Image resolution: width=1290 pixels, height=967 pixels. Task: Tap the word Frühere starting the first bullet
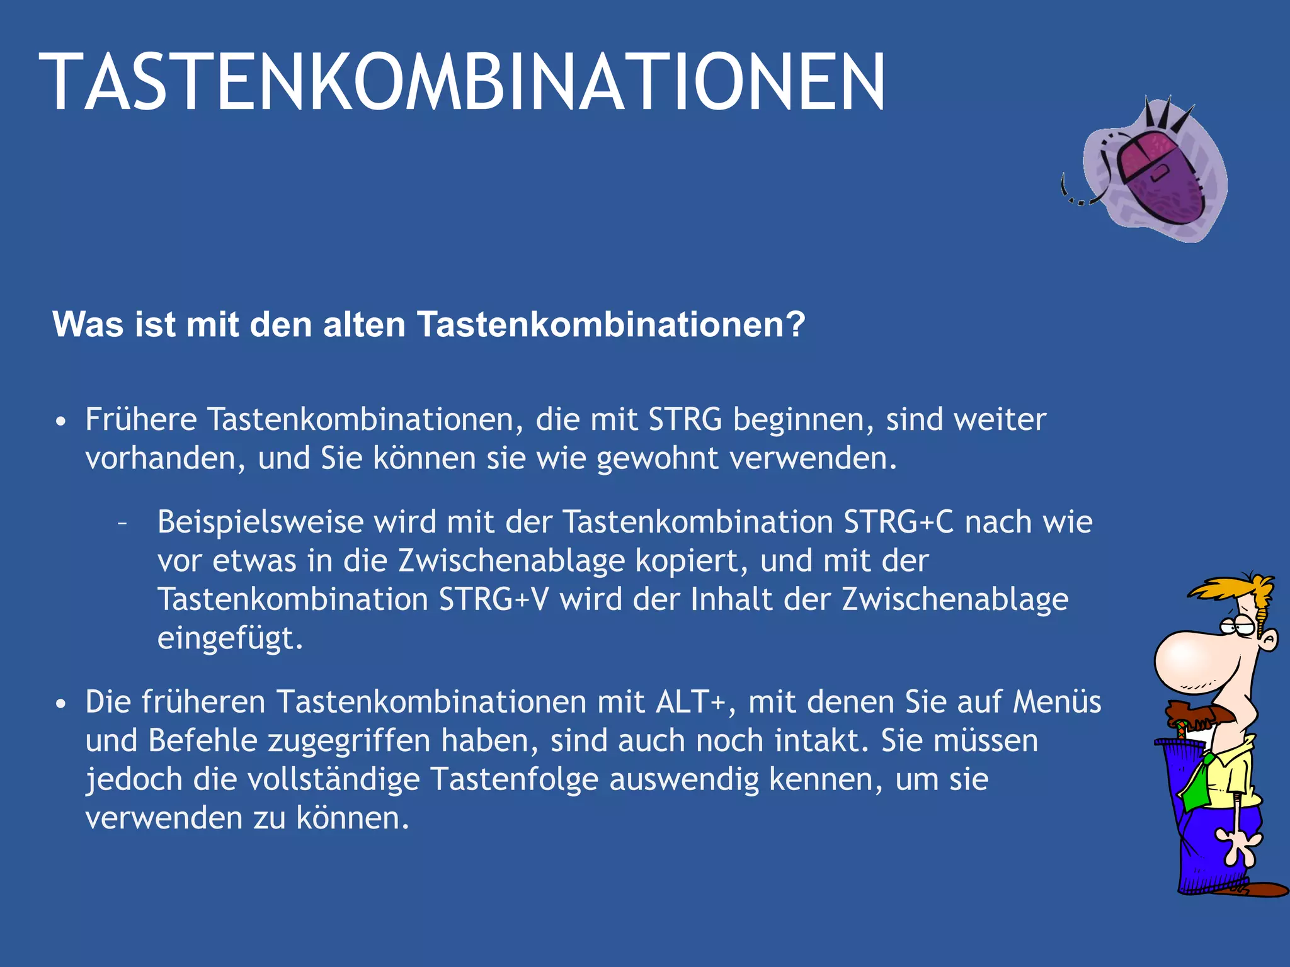click(141, 420)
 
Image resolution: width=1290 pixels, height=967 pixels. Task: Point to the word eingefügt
click(230, 638)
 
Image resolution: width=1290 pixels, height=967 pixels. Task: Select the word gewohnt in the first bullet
click(657, 458)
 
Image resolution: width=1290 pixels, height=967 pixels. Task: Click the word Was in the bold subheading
click(88, 325)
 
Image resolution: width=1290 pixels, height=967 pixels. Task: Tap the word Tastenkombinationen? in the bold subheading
click(611, 325)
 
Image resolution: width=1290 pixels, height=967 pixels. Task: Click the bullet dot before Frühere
click(60, 421)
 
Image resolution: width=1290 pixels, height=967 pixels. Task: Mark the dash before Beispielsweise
click(122, 523)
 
